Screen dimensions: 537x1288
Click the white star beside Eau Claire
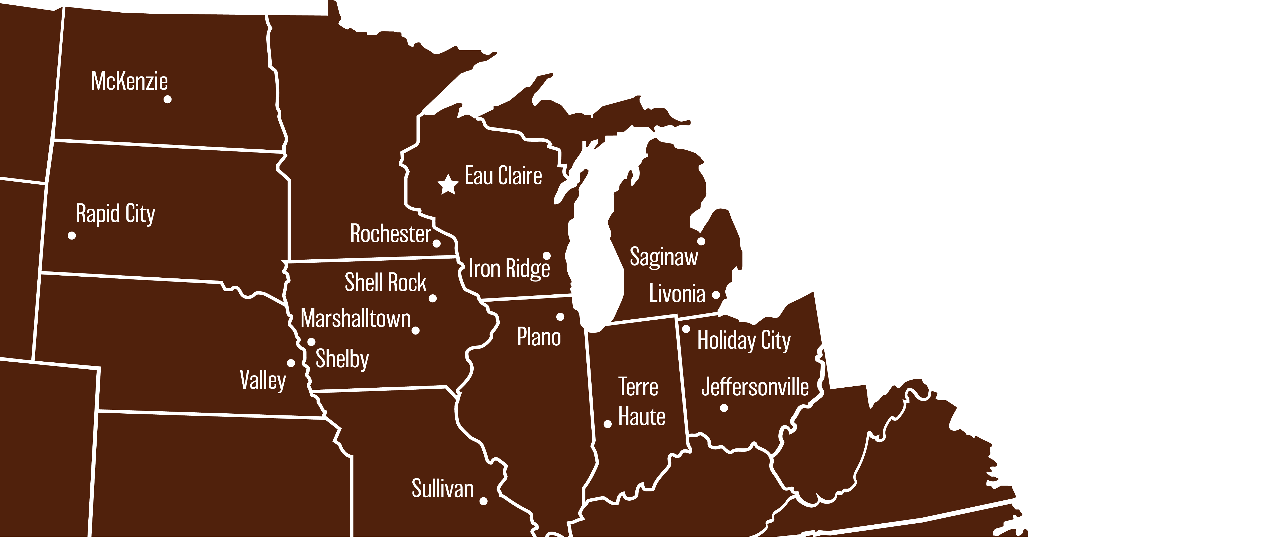(448, 184)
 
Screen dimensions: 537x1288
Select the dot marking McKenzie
(167, 99)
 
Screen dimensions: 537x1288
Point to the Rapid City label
(115, 214)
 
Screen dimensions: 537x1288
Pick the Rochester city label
(390, 234)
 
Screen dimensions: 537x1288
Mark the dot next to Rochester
(437, 243)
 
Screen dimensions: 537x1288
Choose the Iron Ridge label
(509, 268)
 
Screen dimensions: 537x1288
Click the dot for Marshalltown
(415, 330)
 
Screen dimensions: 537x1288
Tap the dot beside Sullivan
(483, 501)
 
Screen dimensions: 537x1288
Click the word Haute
(642, 416)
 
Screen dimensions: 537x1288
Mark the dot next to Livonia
(716, 295)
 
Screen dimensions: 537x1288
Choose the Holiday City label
(744, 340)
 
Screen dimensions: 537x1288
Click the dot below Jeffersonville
(724, 408)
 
